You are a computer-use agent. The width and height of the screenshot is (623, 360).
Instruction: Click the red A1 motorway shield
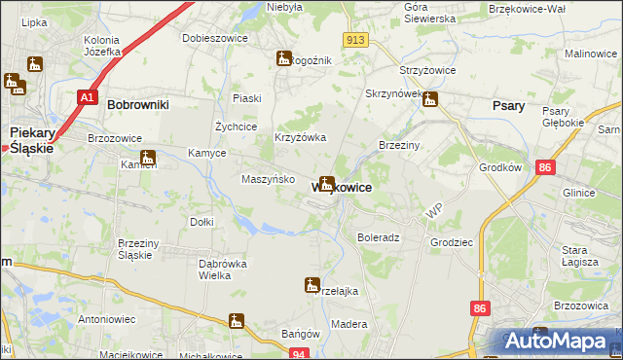87,97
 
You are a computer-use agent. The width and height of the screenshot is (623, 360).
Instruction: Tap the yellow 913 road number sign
353,39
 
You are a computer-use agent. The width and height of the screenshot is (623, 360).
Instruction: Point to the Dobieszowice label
214,39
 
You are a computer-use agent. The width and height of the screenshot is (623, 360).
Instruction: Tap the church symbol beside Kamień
148,158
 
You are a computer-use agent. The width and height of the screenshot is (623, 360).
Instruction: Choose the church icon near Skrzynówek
430,98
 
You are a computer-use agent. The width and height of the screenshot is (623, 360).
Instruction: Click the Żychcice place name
235,126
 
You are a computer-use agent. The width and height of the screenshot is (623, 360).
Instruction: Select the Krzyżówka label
299,138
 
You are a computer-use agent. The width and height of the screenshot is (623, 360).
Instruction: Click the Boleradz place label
379,237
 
